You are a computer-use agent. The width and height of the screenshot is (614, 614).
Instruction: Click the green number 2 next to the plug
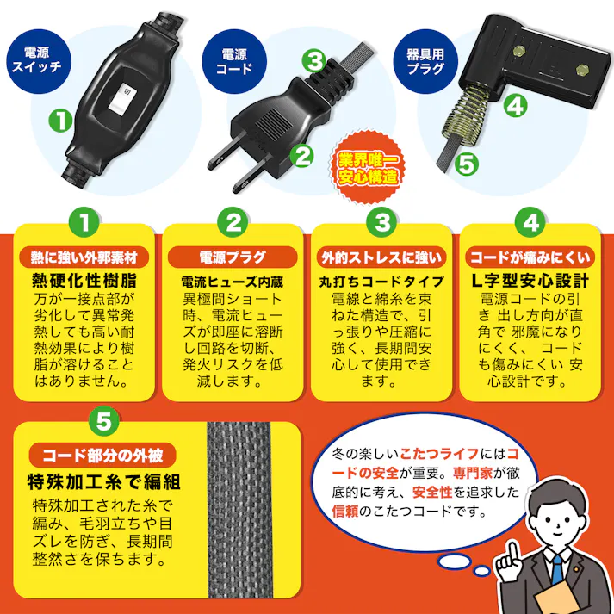pyautogui.click(x=301, y=155)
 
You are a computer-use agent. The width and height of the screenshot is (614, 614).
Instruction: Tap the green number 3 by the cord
pyautogui.click(x=315, y=60)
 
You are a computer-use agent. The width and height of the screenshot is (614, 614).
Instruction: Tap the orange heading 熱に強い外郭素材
pyautogui.click(x=84, y=257)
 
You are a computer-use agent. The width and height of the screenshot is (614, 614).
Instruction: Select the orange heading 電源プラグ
pyautogui.click(x=233, y=257)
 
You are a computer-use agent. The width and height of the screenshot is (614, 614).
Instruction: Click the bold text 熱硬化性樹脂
pyautogui.click(x=84, y=281)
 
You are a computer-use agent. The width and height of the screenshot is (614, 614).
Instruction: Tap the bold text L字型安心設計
pyautogui.click(x=530, y=281)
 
